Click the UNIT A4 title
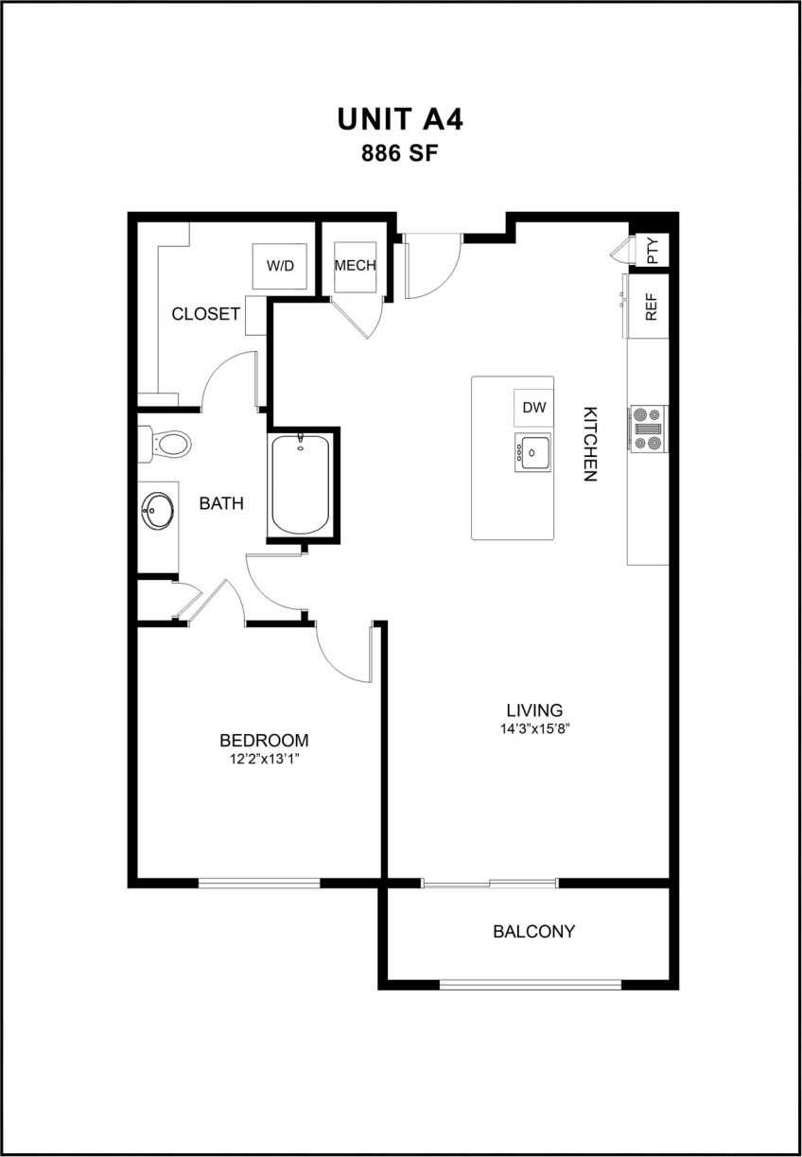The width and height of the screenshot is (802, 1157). pyautogui.click(x=400, y=119)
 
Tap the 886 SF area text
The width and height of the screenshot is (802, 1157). pyautogui.click(x=400, y=154)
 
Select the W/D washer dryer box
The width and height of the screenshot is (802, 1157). pyautogui.click(x=280, y=266)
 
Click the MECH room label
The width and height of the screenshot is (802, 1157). pyautogui.click(x=355, y=265)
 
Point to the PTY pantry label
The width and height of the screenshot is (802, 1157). pyautogui.click(x=652, y=250)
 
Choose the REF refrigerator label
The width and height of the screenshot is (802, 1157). pyautogui.click(x=651, y=307)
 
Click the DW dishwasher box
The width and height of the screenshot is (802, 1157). pyautogui.click(x=534, y=408)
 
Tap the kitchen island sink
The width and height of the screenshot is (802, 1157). pyautogui.click(x=534, y=453)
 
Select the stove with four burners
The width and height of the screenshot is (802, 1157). pyautogui.click(x=648, y=428)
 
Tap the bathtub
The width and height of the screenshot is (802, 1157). pyautogui.click(x=301, y=483)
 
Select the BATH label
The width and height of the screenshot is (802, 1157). pyautogui.click(x=221, y=504)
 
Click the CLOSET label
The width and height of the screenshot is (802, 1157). pyautogui.click(x=205, y=314)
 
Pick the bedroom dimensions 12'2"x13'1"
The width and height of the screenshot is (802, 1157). pyautogui.click(x=264, y=759)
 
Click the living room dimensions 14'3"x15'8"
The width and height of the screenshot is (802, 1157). pyautogui.click(x=534, y=728)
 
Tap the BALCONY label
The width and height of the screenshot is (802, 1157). pyautogui.click(x=533, y=932)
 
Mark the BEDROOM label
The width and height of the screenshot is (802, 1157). pyautogui.click(x=264, y=741)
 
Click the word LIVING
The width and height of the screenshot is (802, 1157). pyautogui.click(x=534, y=710)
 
